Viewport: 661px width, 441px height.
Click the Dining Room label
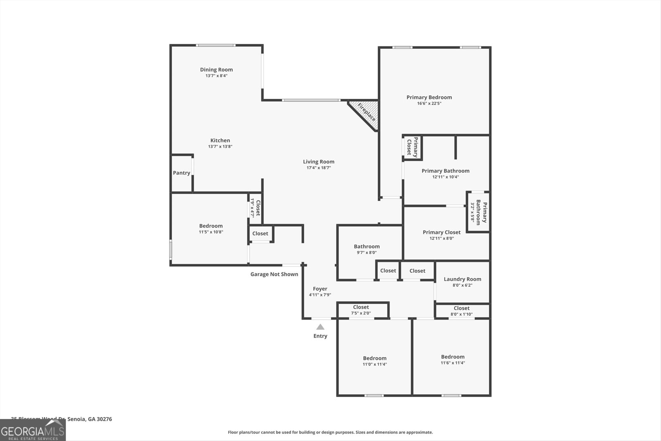point(216,69)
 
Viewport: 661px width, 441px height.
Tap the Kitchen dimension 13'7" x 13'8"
point(220,147)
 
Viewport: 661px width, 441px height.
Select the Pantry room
point(181,173)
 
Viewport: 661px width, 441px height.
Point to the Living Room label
point(319,162)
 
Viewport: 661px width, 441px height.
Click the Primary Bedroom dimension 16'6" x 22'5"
point(429,103)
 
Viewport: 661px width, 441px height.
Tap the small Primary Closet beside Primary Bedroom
point(412,147)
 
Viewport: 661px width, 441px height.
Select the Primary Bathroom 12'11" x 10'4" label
point(445,171)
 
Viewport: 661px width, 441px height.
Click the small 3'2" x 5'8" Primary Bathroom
point(478,212)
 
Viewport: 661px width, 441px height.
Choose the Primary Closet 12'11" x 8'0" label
point(442,232)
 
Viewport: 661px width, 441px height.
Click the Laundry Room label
point(462,279)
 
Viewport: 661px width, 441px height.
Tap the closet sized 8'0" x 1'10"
point(461,311)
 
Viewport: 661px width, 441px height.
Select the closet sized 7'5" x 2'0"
point(361,310)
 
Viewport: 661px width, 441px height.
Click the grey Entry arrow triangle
point(320,327)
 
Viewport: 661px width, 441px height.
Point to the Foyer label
point(320,289)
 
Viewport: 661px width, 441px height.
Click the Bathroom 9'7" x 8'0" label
point(366,246)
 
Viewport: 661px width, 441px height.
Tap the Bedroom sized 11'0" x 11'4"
point(375,361)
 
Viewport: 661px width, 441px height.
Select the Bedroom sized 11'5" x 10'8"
point(211,229)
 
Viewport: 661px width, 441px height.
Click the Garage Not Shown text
point(274,274)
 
